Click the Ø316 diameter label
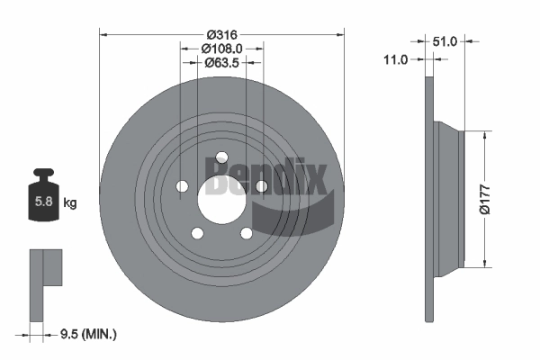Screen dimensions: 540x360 (222, 35)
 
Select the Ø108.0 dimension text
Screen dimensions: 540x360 (222, 49)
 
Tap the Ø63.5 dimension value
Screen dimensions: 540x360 (222, 63)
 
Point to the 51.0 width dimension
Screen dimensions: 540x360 (445, 41)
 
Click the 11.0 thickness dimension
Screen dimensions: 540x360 (396, 60)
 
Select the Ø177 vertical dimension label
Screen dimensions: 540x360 (485, 199)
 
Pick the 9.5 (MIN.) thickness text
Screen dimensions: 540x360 (88, 334)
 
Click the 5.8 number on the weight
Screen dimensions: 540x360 (44, 202)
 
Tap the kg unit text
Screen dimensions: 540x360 (70, 203)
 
